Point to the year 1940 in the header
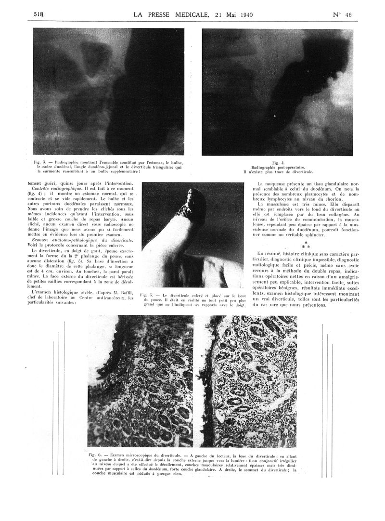(x=244, y=14)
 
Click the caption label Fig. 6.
(x=95, y=455)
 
